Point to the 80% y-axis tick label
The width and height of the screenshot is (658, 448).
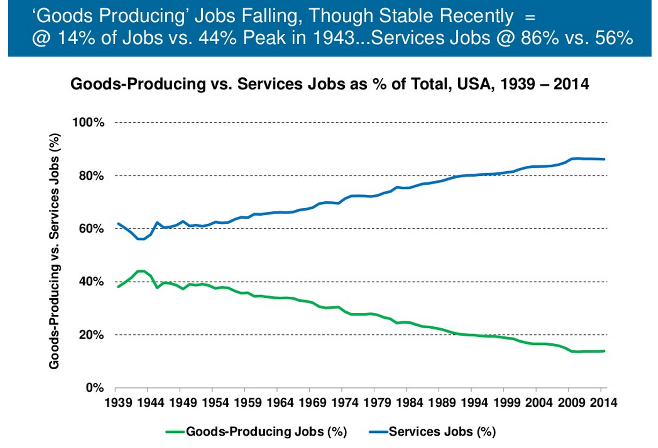[92, 176]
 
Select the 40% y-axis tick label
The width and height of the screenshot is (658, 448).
[92, 282]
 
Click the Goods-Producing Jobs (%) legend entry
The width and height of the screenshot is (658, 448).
[267, 431]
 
